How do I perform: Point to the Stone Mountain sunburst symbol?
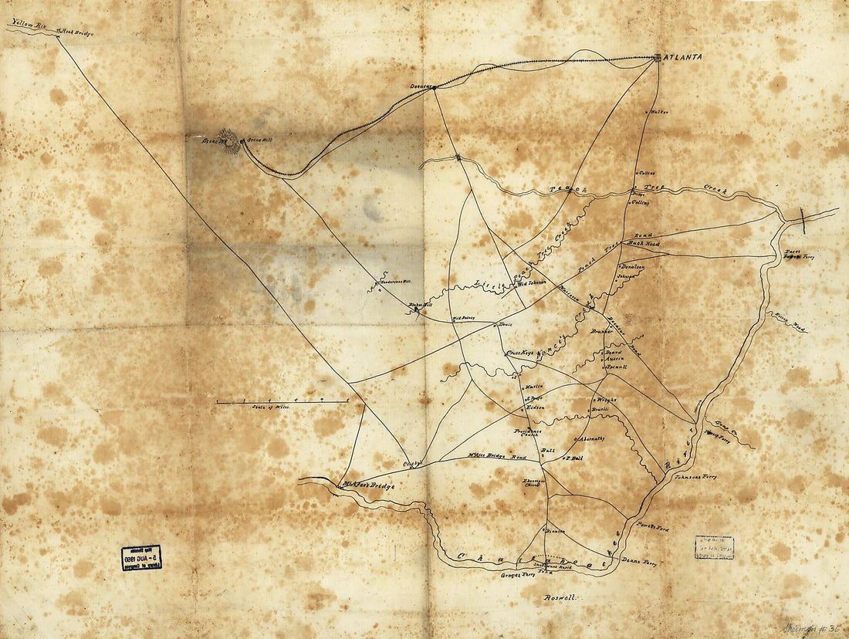point(230,140)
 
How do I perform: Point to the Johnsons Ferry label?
point(695,477)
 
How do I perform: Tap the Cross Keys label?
point(520,353)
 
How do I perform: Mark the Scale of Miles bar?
point(282,401)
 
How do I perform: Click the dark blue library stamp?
point(141,557)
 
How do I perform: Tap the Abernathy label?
point(591,438)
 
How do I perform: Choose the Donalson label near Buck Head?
point(631,267)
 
